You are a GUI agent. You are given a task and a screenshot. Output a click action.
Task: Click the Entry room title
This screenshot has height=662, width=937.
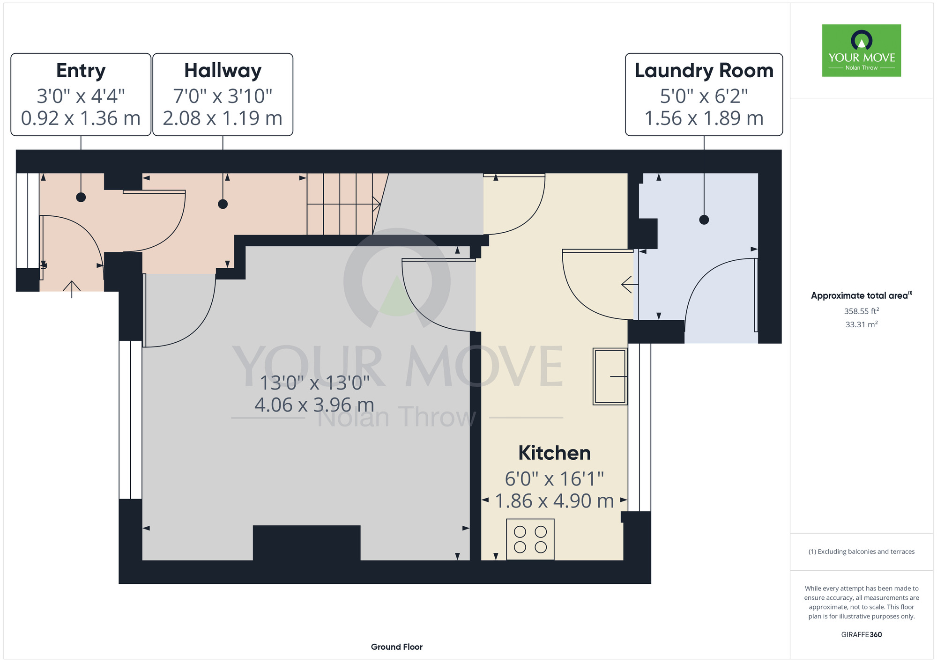(81, 71)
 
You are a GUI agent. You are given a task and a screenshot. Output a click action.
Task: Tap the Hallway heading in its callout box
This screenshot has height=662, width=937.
(223, 71)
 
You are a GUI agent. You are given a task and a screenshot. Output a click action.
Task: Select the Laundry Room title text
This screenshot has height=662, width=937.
(704, 71)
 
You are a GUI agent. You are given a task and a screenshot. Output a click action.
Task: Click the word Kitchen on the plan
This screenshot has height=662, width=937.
(554, 453)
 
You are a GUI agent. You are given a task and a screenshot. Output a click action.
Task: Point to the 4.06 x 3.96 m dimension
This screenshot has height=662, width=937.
(314, 405)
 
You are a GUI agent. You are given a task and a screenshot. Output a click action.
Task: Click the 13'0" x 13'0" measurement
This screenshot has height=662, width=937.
(314, 383)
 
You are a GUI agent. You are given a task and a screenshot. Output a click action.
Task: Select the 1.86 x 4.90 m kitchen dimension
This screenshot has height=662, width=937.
(554, 501)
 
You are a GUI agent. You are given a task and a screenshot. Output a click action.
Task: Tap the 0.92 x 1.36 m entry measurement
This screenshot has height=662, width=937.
(81, 118)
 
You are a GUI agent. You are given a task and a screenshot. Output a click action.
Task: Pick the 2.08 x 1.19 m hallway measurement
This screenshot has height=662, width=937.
(223, 118)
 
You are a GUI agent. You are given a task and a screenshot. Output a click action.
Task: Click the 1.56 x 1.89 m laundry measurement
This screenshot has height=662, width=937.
(704, 118)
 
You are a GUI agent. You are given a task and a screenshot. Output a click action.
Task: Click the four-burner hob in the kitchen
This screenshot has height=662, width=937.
(530, 539)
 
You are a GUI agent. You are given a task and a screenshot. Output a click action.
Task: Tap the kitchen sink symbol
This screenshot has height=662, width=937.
(610, 376)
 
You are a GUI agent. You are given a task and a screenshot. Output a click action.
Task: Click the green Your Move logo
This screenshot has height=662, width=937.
(862, 51)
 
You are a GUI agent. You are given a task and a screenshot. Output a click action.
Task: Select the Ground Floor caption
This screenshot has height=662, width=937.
(397, 647)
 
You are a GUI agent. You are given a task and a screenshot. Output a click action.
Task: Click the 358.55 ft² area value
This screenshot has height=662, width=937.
(862, 311)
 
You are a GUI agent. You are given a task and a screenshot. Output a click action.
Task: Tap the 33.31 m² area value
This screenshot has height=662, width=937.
(862, 324)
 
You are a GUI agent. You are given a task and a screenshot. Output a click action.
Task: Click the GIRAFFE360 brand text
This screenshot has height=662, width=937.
(862, 635)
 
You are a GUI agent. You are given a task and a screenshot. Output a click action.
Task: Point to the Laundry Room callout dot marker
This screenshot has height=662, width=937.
(704, 220)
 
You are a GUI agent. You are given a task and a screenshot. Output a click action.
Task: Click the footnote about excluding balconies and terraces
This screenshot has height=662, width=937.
(862, 552)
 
